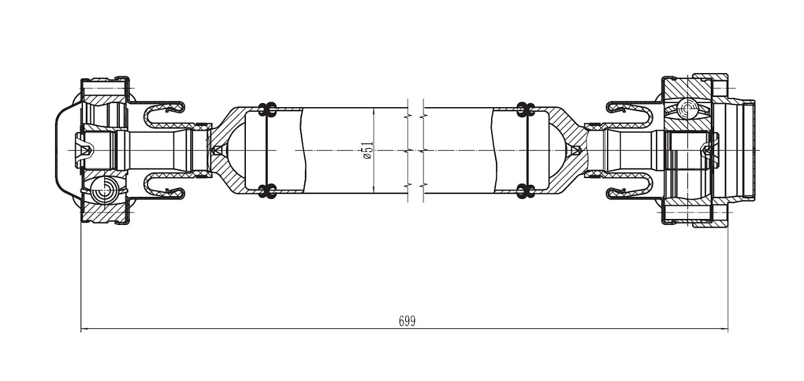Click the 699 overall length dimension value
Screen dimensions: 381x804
point(407,321)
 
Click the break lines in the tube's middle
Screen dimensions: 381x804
point(415,150)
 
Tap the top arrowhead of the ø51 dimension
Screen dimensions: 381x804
point(373,110)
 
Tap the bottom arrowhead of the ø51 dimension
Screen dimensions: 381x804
point(373,190)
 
